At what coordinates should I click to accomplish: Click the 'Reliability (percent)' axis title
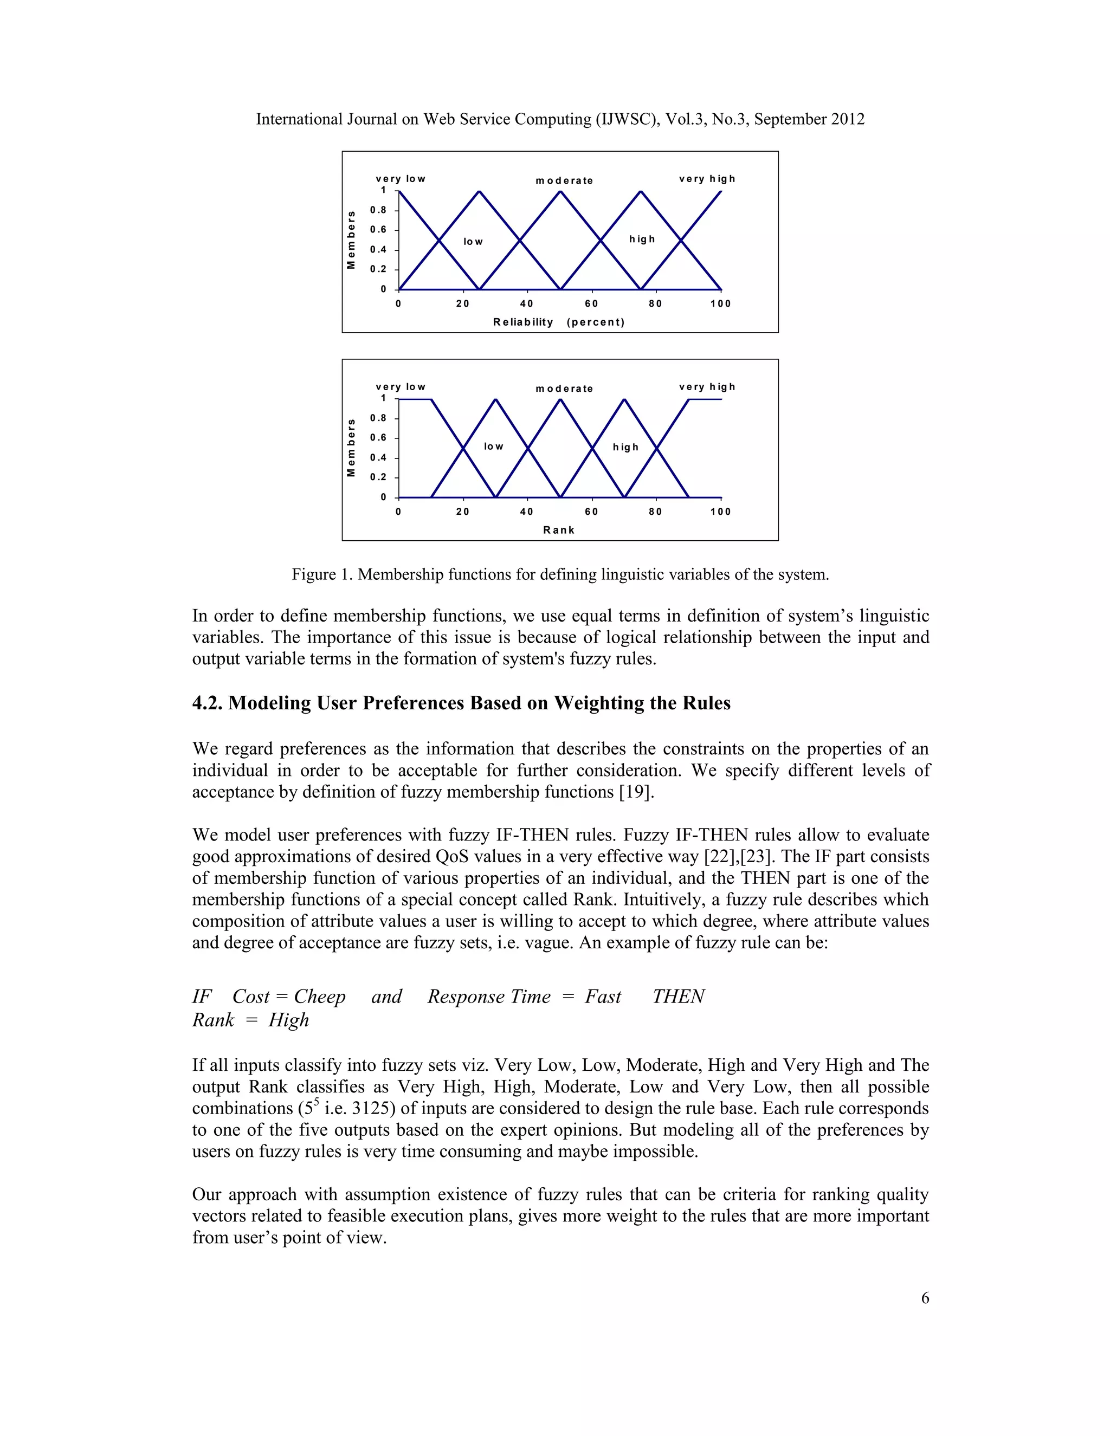pyautogui.click(x=558, y=322)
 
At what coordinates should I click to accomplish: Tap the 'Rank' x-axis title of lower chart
pyautogui.click(x=558, y=530)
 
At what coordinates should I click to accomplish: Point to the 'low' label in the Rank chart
pyautogui.click(x=493, y=447)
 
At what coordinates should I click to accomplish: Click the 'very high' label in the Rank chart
pyautogui.click(x=707, y=387)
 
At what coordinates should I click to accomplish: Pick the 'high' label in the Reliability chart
pyautogui.click(x=642, y=240)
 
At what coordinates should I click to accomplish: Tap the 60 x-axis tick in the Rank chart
pyautogui.click(x=591, y=512)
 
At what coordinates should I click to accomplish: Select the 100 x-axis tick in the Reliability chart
pyautogui.click(x=720, y=304)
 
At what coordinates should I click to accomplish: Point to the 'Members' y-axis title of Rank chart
pyautogui.click(x=351, y=448)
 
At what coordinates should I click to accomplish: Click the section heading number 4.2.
pyautogui.click(x=207, y=703)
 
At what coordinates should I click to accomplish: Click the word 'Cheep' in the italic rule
pyautogui.click(x=320, y=997)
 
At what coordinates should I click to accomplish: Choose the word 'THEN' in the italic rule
pyautogui.click(x=678, y=997)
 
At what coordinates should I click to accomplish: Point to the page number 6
pyautogui.click(x=925, y=1298)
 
